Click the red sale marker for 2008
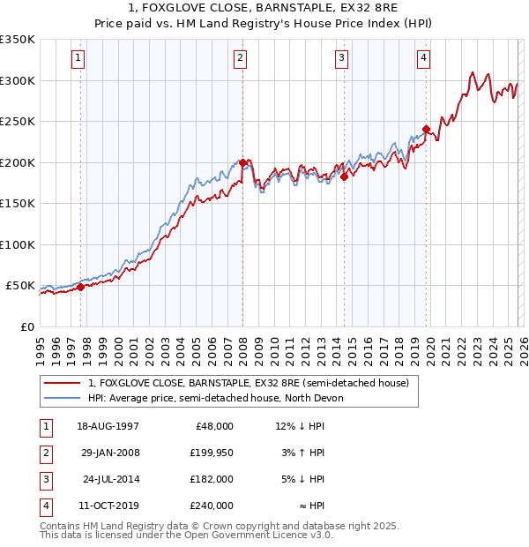[243, 163]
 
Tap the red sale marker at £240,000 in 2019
[426, 130]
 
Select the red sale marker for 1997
[80, 287]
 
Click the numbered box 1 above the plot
[79, 58]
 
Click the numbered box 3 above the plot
[342, 58]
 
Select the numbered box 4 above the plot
[424, 58]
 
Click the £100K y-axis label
[18, 244]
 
